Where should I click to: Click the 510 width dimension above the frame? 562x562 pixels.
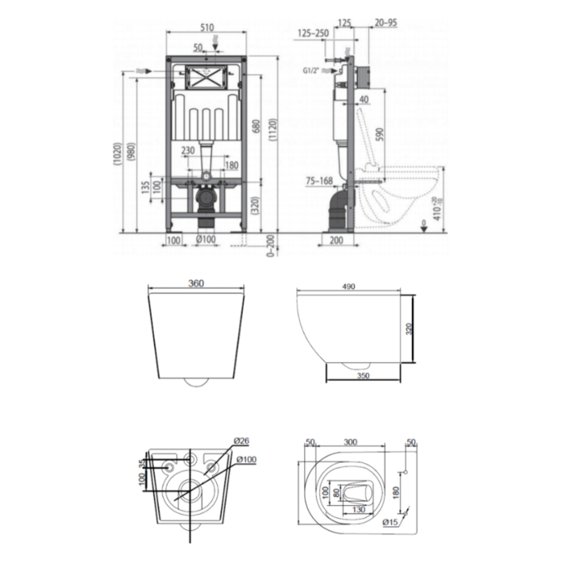click(x=206, y=28)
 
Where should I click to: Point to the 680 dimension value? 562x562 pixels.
click(x=257, y=125)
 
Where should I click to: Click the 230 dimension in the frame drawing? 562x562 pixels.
click(x=188, y=150)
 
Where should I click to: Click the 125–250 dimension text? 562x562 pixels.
click(x=313, y=33)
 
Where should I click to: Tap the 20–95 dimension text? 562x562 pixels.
click(x=386, y=23)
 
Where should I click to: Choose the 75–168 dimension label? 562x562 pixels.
click(x=319, y=180)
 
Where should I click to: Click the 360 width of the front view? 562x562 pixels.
click(x=196, y=283)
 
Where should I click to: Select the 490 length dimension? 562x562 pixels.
click(x=349, y=286)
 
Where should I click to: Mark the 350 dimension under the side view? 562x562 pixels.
click(x=363, y=375)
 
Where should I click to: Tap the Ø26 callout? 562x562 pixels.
click(x=242, y=441)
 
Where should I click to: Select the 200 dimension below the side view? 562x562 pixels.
click(x=336, y=240)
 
